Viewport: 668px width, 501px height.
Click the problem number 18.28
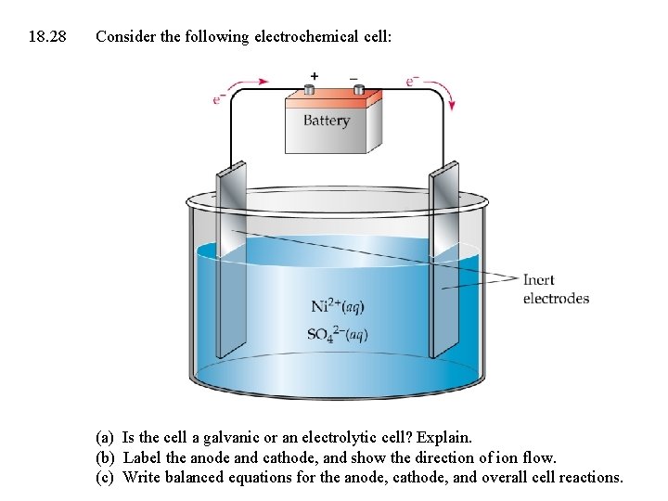coord(47,37)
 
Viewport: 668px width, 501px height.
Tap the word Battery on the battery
coord(326,121)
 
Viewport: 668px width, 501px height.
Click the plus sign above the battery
coord(314,75)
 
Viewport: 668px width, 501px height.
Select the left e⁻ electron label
coord(219,97)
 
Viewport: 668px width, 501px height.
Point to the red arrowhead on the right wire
coord(452,105)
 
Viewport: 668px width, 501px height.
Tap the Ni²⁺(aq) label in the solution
coord(337,306)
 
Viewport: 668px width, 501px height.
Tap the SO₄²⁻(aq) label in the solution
coord(337,334)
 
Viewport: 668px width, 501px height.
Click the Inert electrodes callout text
coord(556,289)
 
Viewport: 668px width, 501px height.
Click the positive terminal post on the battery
coord(310,90)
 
